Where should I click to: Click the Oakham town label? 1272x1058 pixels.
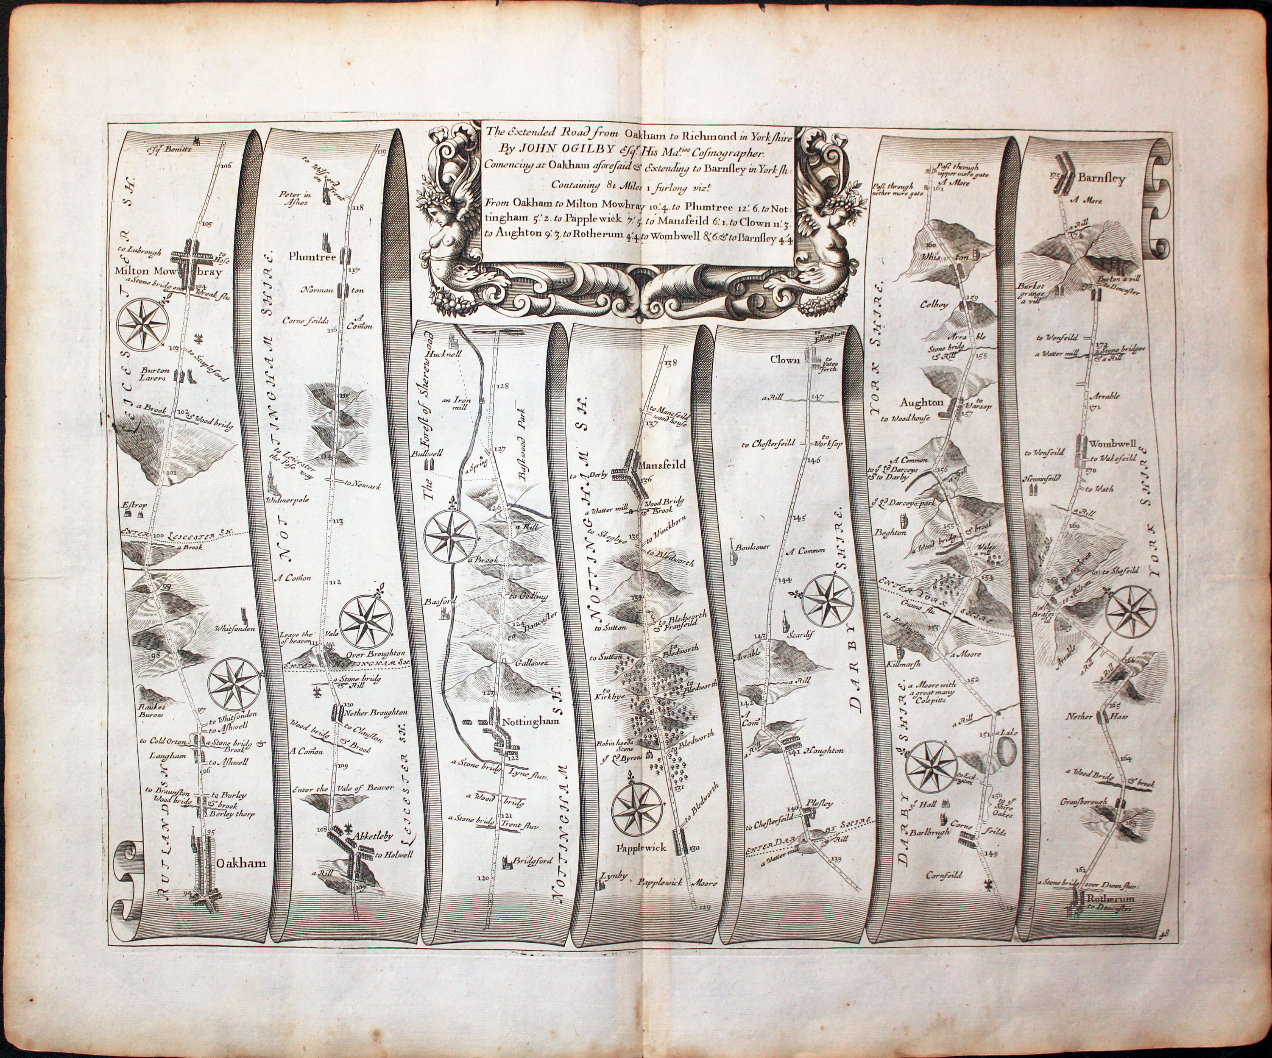click(x=241, y=863)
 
